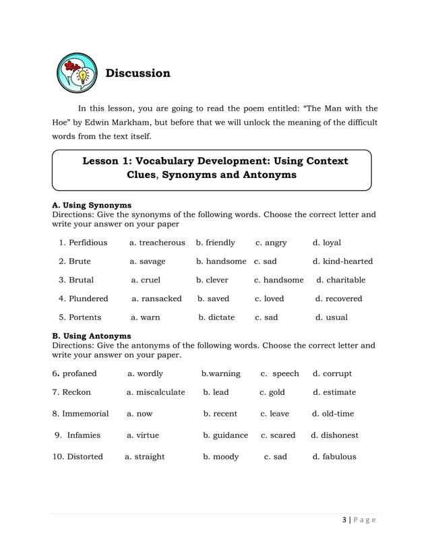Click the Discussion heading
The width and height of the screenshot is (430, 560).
(137, 73)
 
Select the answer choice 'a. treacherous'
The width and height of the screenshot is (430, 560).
(157, 243)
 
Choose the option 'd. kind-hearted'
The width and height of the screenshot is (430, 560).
(342, 261)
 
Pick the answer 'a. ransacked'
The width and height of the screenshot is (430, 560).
(156, 299)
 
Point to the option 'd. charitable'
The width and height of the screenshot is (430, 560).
(340, 280)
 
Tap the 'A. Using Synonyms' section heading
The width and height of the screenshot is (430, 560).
(92, 205)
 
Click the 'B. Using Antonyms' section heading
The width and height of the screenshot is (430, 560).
(92, 336)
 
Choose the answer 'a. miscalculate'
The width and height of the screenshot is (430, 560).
(156, 392)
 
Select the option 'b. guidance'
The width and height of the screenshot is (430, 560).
(225, 435)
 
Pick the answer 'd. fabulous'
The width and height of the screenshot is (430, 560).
(334, 457)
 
